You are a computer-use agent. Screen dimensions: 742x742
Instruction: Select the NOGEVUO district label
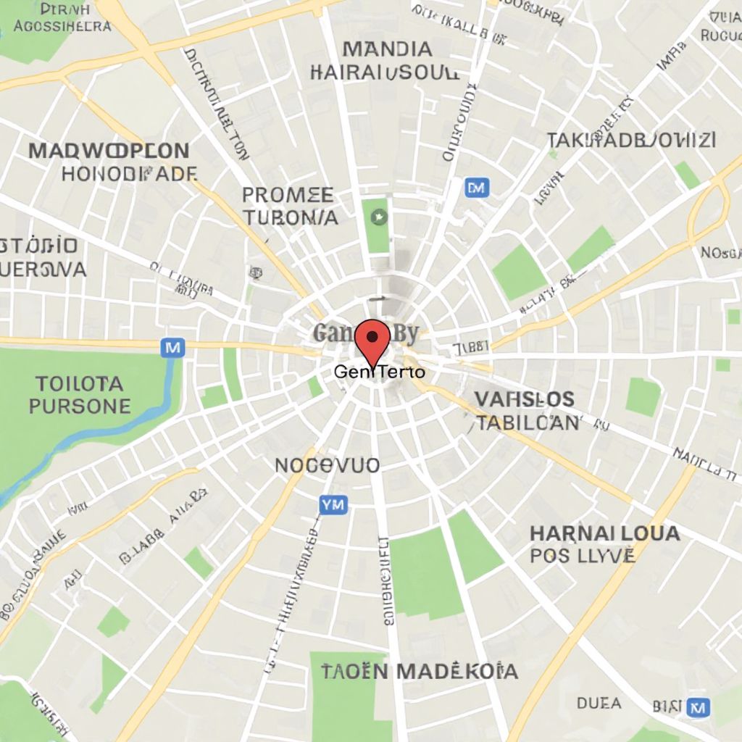click(327, 465)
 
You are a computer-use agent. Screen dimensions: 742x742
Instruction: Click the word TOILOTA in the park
click(80, 383)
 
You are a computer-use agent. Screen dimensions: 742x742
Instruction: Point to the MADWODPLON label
click(109, 151)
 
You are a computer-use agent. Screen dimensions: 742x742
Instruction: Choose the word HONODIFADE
click(129, 174)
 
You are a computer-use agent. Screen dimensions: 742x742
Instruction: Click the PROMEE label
click(288, 195)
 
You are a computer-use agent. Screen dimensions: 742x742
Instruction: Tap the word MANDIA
click(387, 49)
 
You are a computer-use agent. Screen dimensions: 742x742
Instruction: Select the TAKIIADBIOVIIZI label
click(631, 140)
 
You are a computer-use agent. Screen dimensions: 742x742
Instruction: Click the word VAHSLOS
click(525, 399)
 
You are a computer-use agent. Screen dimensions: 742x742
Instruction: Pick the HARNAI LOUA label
click(605, 534)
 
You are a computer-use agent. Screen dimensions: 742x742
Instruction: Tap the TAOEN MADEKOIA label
click(420, 671)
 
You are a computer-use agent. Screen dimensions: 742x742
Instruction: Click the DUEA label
click(599, 703)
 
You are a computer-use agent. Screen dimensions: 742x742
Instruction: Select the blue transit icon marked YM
click(333, 504)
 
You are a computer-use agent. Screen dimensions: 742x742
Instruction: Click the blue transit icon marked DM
click(476, 188)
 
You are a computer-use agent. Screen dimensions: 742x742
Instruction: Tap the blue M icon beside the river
click(172, 348)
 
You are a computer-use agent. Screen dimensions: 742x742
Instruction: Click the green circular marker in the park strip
click(378, 216)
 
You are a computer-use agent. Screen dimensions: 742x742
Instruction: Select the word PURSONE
click(80, 406)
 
